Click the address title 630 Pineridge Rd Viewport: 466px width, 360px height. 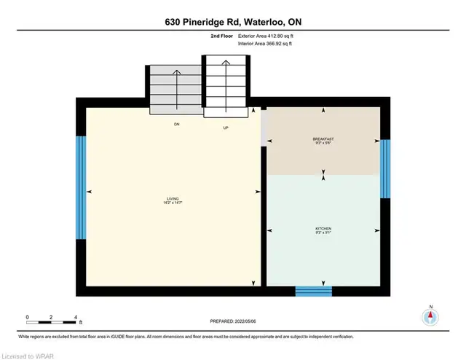click(x=232, y=23)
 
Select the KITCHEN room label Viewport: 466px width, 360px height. click(x=324, y=228)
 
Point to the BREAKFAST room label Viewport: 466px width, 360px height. click(x=323, y=138)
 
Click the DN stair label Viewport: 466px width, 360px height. click(x=176, y=125)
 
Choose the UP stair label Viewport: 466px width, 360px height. click(x=226, y=128)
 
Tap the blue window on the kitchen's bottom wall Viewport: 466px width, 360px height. click(x=313, y=291)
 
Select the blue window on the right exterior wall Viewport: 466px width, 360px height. click(x=386, y=168)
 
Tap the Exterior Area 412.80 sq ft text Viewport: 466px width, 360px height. click(x=266, y=34)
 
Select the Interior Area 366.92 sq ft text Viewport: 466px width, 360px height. click(x=266, y=44)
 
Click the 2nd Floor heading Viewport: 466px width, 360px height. click(x=222, y=34)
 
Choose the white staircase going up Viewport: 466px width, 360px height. click(x=226, y=85)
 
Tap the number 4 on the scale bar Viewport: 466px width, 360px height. click(x=76, y=318)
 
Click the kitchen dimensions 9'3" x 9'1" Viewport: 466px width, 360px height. click(x=324, y=233)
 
